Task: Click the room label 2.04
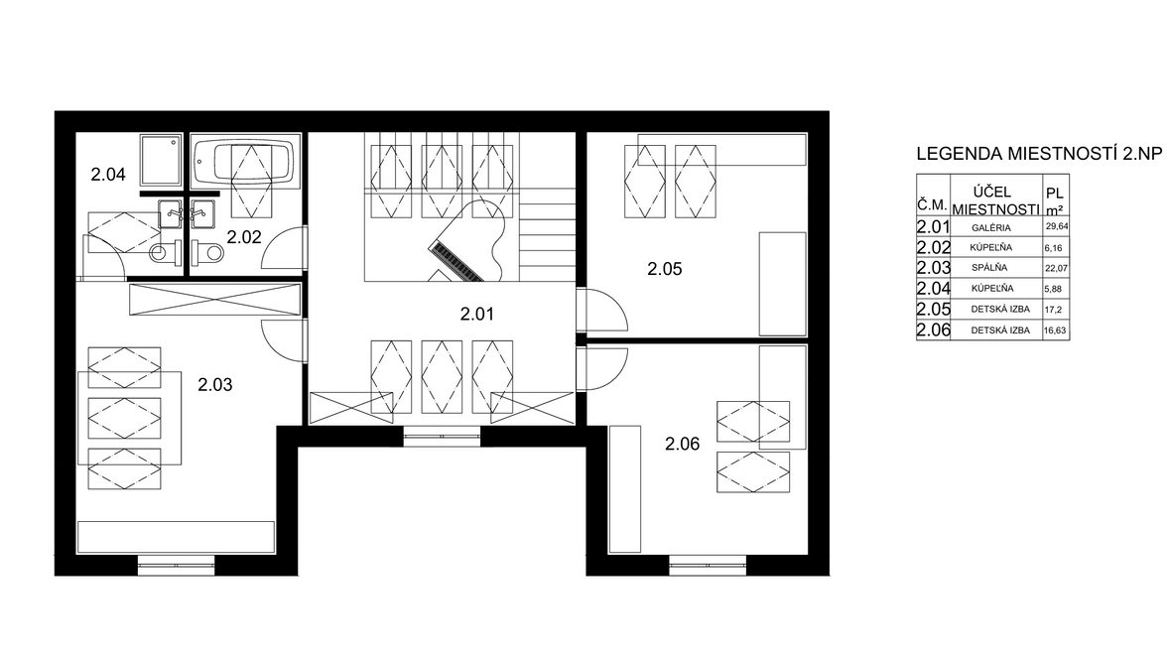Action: tap(108, 175)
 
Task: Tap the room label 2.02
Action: tap(244, 237)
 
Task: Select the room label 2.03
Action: tap(215, 385)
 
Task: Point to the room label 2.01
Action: tap(477, 315)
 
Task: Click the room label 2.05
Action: tap(665, 269)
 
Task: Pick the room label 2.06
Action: tap(683, 445)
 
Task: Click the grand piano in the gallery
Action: tap(469, 241)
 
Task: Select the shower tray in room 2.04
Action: tap(161, 160)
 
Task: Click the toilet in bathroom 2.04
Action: tap(165, 253)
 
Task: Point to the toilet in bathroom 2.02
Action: tap(206, 252)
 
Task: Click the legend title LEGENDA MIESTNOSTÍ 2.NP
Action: tap(1040, 154)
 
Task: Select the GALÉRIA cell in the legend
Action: tap(991, 228)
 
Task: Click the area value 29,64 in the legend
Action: tap(1056, 227)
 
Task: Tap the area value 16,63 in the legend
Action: tap(1055, 330)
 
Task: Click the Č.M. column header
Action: tap(932, 205)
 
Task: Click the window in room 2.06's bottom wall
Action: tap(708, 565)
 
